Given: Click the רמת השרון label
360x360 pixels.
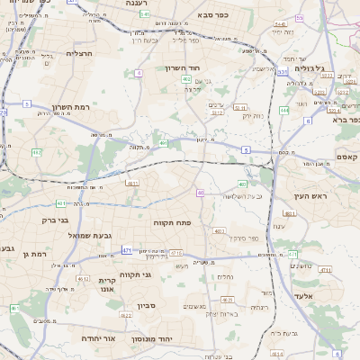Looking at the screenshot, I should click(70, 106).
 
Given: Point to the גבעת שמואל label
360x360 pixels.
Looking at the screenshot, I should click(87, 235).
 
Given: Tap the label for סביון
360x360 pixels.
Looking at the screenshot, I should click(147, 305).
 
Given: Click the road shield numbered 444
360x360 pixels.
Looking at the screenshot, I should click(284, 110).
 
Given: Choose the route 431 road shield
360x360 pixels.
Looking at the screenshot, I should click(60, 203).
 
